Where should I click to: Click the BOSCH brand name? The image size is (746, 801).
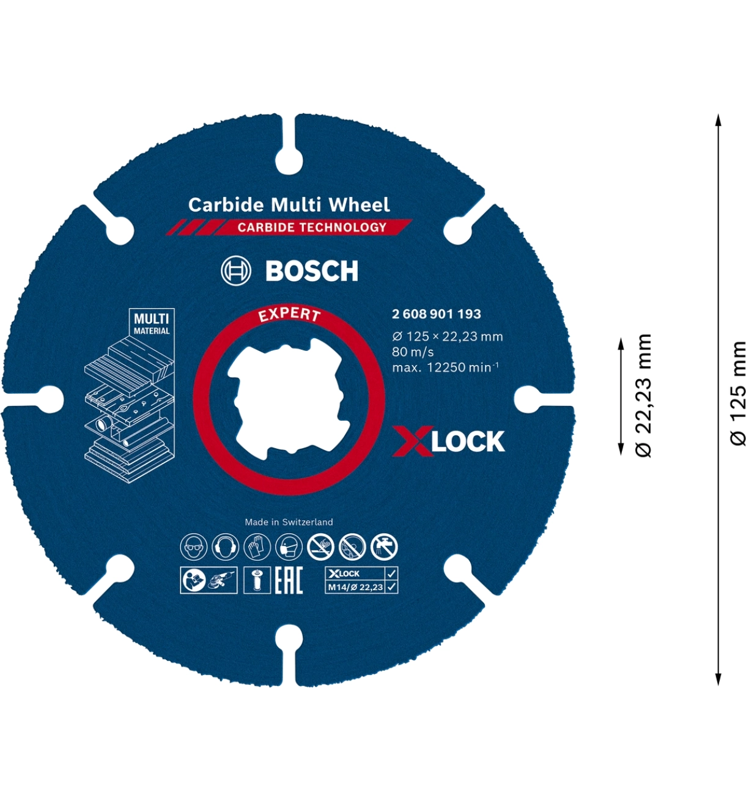(x=312, y=271)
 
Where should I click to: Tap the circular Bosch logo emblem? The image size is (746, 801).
(x=236, y=271)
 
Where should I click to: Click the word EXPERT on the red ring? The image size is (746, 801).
(x=289, y=314)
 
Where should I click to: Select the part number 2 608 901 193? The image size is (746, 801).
(x=437, y=314)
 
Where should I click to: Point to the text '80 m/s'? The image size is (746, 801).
(x=413, y=352)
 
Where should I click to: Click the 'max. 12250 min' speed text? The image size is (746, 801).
(x=445, y=367)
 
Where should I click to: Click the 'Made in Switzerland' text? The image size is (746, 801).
(x=289, y=522)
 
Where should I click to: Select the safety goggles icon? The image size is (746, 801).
(x=194, y=547)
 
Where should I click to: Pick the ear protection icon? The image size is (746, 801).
(x=225, y=547)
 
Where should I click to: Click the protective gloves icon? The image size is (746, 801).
(x=257, y=547)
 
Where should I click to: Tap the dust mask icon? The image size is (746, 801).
(x=289, y=547)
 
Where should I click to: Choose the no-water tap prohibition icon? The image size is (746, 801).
(x=384, y=547)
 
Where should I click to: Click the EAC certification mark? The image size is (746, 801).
(x=289, y=580)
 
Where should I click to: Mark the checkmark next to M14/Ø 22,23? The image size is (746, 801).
(x=391, y=587)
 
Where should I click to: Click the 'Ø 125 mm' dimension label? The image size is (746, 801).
(x=739, y=394)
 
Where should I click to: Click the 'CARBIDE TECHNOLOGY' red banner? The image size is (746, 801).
(x=312, y=227)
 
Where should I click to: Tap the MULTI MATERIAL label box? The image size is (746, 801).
(x=152, y=323)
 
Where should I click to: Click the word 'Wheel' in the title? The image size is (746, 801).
(x=359, y=204)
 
